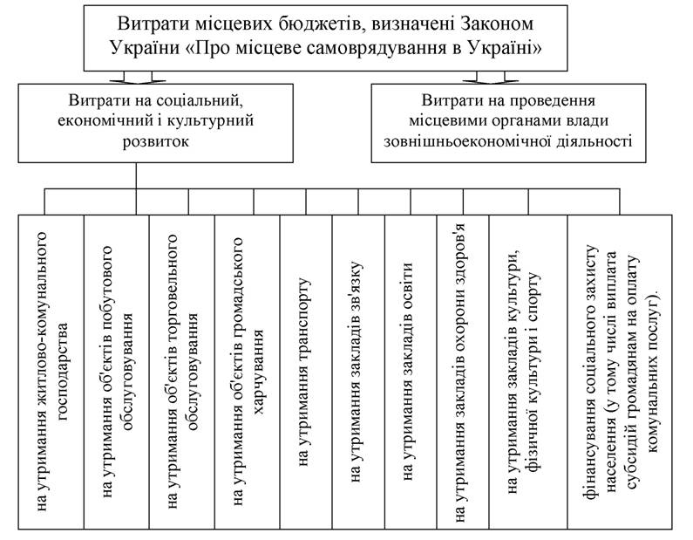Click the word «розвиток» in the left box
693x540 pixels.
point(155,141)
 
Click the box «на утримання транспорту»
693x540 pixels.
point(306,372)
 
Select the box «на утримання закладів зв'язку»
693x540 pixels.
point(358,372)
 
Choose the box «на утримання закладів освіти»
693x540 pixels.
point(411,372)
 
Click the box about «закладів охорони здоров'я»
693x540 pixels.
point(463,372)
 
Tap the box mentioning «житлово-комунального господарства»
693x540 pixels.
point(51,372)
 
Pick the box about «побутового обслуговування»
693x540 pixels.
point(116,372)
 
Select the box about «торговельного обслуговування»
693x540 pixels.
point(181,372)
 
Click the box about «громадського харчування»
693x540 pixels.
point(247,372)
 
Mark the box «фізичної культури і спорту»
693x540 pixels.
point(528,372)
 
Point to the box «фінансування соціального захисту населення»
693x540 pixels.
point(620,372)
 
